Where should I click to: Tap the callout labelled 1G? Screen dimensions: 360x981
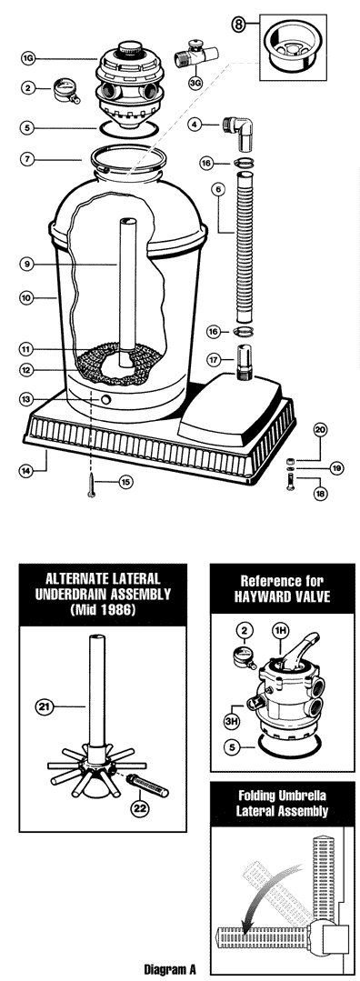pyautogui.click(x=27, y=59)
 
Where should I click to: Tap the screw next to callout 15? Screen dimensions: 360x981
pyautogui.click(x=93, y=485)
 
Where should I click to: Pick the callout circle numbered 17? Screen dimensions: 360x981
pyautogui.click(x=215, y=360)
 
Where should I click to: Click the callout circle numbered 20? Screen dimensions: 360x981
pyautogui.click(x=321, y=429)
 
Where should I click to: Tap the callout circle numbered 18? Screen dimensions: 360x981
pyautogui.click(x=321, y=494)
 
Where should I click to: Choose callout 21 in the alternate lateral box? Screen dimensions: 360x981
pyautogui.click(x=44, y=707)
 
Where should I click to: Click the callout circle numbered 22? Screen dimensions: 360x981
pyautogui.click(x=139, y=807)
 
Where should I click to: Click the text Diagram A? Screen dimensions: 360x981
pyautogui.click(x=170, y=970)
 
